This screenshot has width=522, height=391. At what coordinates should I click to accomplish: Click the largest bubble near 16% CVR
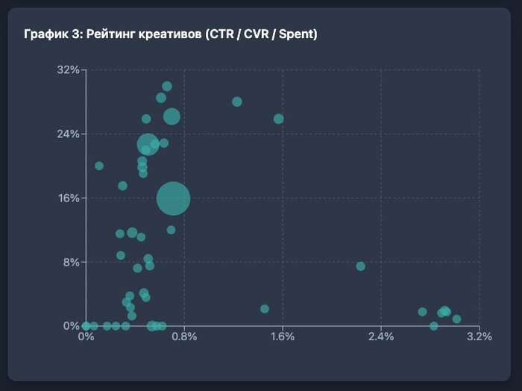tap(173, 198)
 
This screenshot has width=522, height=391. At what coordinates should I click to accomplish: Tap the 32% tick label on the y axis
tap(68, 69)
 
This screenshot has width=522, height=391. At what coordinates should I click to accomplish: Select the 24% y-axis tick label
tap(68, 134)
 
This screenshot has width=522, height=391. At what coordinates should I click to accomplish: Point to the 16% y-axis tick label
tap(68, 198)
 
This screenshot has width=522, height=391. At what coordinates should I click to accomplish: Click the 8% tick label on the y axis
tap(70, 262)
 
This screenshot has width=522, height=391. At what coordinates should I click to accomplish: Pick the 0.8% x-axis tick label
tap(184, 337)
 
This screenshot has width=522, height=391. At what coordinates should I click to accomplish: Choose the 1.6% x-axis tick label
tap(283, 337)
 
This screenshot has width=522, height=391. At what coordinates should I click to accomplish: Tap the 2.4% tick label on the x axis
tap(381, 337)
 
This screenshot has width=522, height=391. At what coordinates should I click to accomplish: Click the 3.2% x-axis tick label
tap(479, 337)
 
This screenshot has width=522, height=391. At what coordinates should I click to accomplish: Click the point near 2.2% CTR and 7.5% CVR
tap(361, 266)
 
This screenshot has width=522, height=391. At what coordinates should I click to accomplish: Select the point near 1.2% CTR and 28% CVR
tap(237, 101)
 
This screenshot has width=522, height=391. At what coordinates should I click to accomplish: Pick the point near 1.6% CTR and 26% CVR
tap(279, 119)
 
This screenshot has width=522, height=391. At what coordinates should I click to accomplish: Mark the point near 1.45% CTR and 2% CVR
tap(265, 309)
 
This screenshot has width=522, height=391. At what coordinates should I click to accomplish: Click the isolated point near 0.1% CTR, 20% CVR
tap(99, 166)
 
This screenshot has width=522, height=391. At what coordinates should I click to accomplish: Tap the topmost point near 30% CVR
tap(167, 87)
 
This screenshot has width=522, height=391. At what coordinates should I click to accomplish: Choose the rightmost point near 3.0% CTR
tap(456, 319)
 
